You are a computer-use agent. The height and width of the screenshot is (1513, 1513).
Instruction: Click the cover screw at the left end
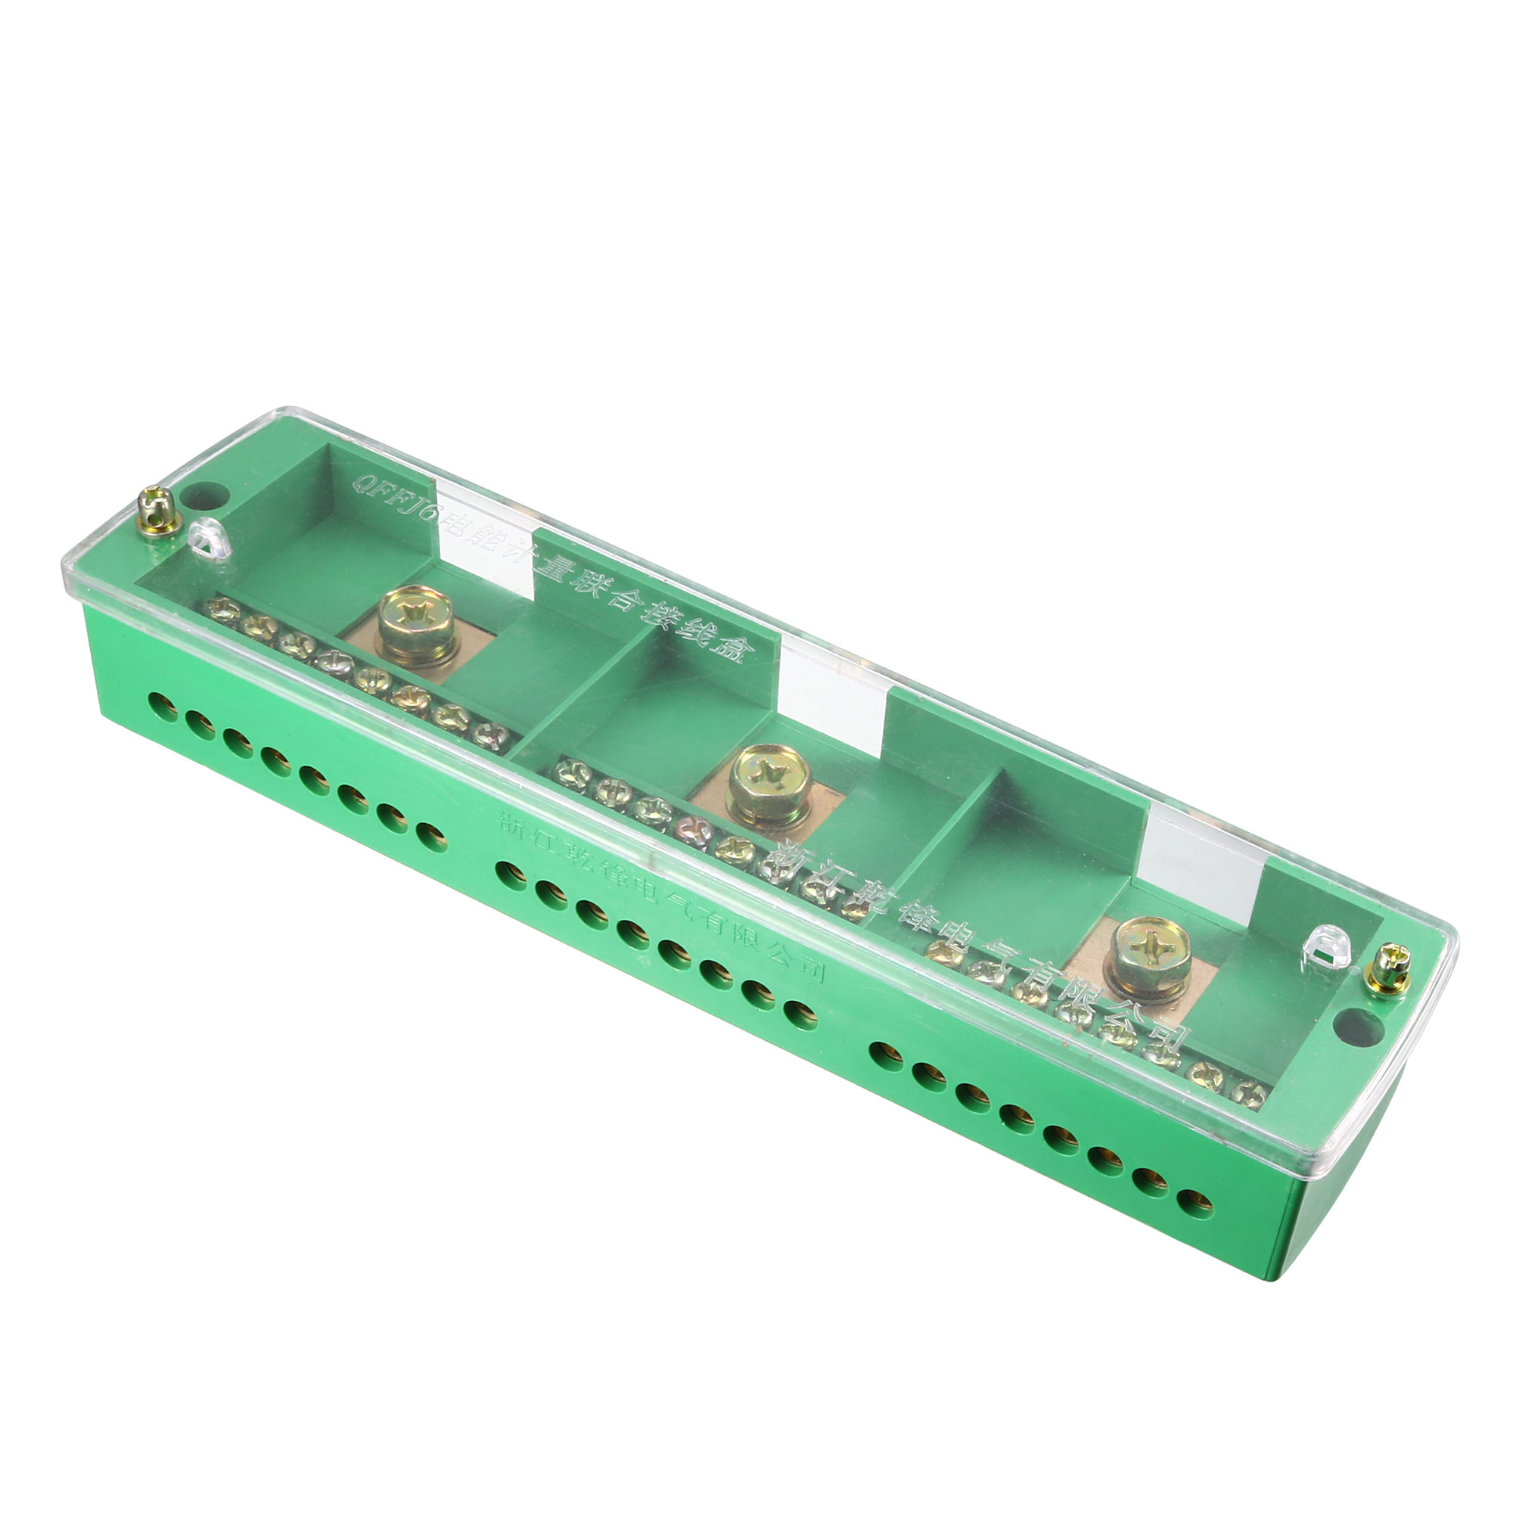(158, 511)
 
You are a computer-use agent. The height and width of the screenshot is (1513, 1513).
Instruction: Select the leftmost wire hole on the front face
(163, 707)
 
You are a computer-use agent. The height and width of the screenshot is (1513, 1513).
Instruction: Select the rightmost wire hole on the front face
(1195, 1204)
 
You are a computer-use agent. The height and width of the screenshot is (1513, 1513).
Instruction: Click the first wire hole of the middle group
(511, 874)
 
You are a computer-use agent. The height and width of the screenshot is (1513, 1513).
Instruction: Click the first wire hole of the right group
(885, 1055)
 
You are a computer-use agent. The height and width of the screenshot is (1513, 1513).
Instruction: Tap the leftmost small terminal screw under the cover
(223, 609)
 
